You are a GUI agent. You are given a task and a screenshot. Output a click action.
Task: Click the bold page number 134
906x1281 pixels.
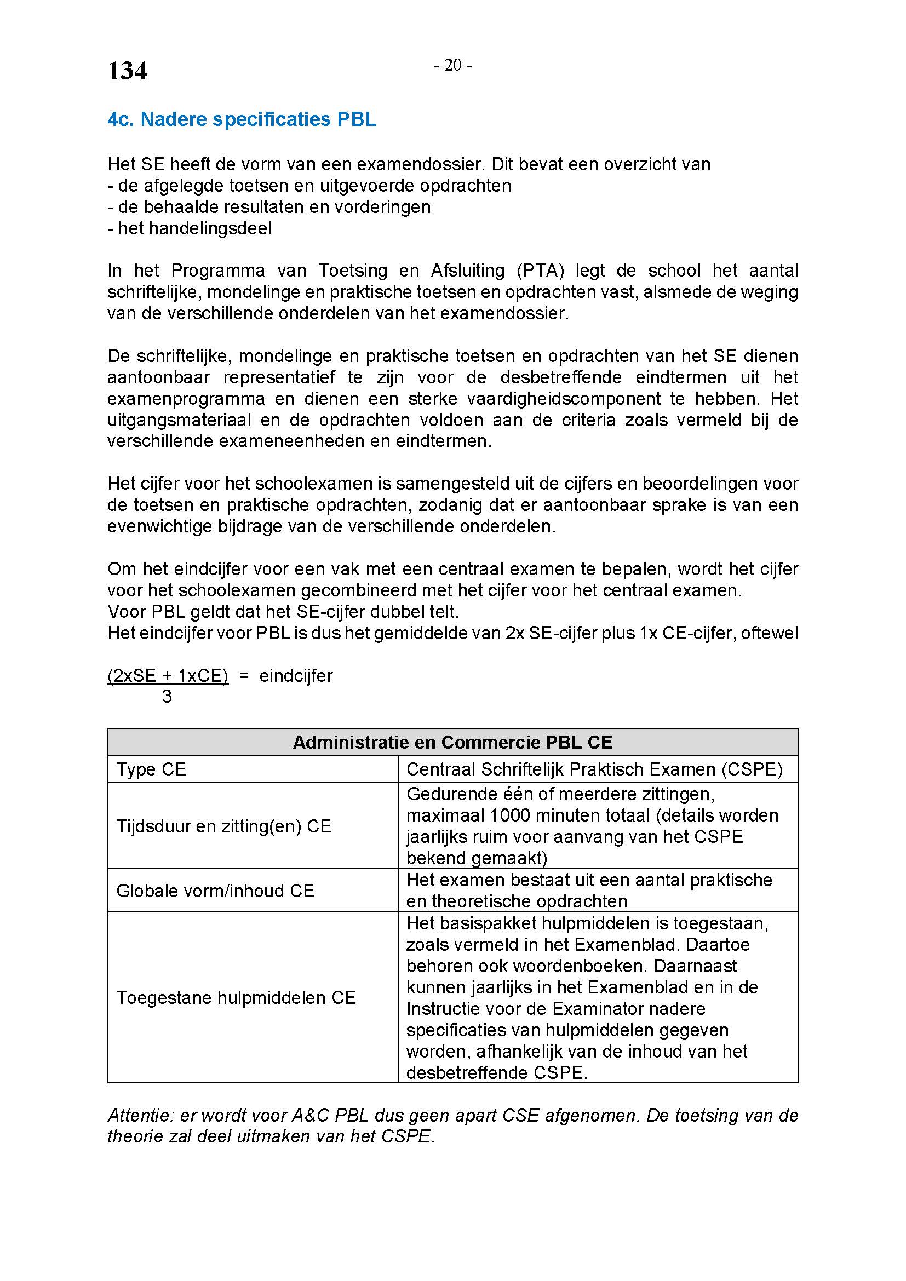click(127, 71)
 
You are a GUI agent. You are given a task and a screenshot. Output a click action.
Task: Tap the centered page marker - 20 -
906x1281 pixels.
click(453, 66)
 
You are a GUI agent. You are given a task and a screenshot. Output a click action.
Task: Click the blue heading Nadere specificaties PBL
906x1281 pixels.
click(242, 119)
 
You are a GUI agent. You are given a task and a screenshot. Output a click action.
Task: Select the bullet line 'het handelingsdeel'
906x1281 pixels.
click(190, 228)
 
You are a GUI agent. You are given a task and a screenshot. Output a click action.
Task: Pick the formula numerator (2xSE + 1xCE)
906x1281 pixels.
click(168, 676)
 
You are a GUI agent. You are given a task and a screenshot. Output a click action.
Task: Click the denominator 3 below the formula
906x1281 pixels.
click(167, 697)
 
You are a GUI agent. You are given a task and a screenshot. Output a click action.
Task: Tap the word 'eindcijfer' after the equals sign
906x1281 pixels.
click(296, 676)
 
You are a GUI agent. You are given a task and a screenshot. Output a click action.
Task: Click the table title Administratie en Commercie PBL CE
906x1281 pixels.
click(452, 742)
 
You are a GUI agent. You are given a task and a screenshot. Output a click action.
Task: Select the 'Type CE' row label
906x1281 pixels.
click(151, 769)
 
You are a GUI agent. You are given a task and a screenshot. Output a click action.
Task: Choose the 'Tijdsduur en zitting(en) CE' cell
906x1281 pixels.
click(223, 826)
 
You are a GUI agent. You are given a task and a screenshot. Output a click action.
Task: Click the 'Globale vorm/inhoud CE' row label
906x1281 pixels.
click(215, 891)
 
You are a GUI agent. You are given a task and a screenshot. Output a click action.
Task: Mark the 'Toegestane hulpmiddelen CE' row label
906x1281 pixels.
click(236, 997)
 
